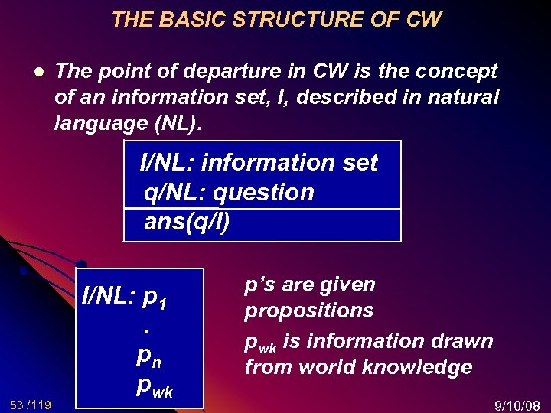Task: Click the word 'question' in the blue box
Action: [x=263, y=193]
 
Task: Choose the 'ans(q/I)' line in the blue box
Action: [x=187, y=223]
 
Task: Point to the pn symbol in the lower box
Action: [x=148, y=356]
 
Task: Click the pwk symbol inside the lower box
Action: [x=154, y=386]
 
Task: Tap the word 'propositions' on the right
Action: [x=308, y=311]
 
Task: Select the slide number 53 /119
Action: [x=31, y=403]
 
